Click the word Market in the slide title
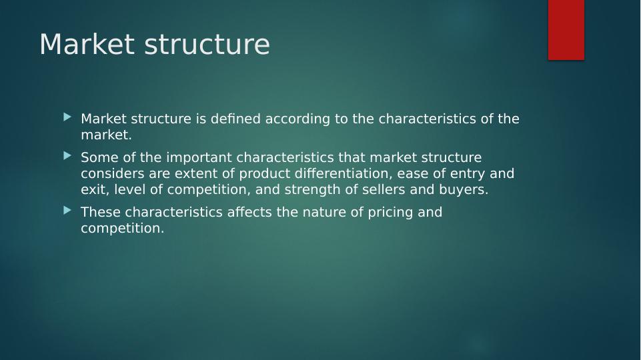click(x=87, y=44)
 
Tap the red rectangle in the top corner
click(x=566, y=30)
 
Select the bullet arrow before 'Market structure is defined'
click(x=67, y=118)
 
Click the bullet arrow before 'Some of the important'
click(x=67, y=156)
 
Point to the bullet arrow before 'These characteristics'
click(x=67, y=211)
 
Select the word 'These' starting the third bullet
click(x=101, y=212)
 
